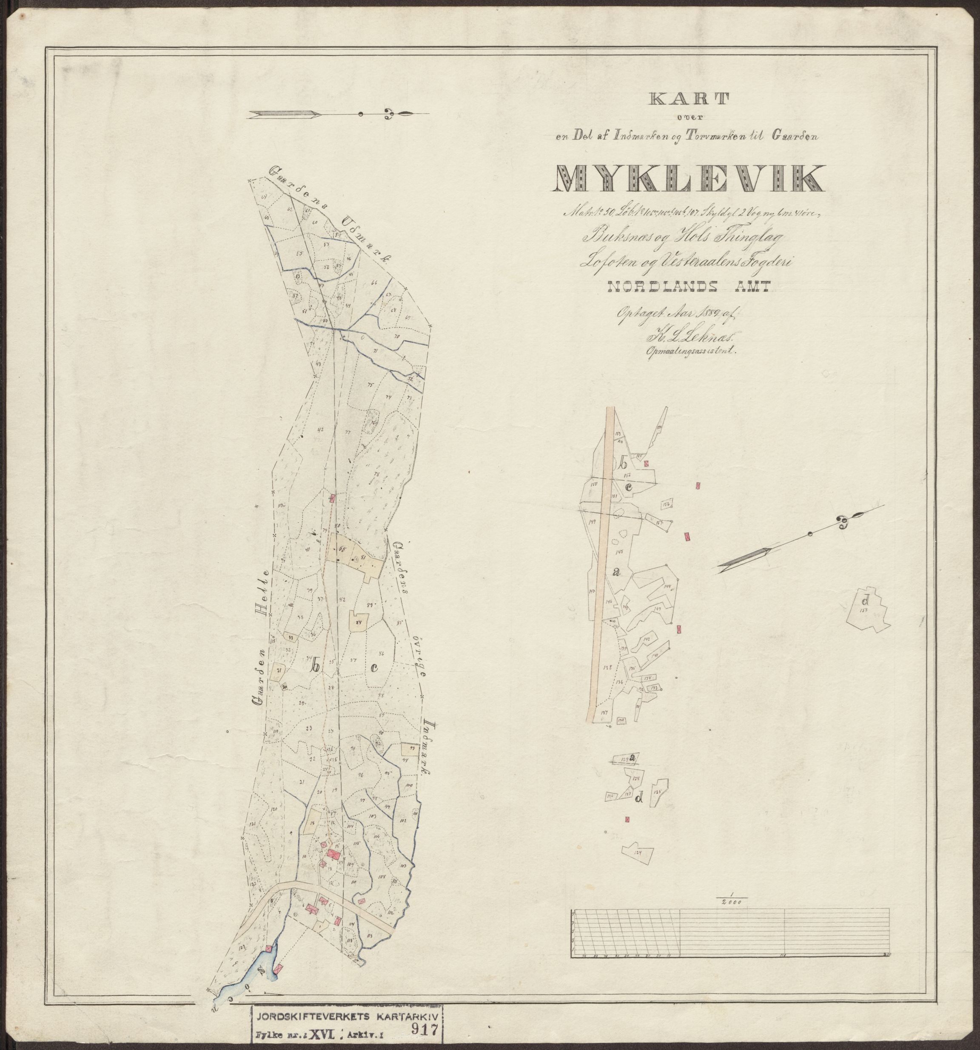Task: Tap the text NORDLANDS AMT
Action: pos(689,287)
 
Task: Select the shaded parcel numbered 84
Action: pos(359,622)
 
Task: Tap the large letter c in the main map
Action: pos(374,668)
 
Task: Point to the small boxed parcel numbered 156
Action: pos(667,505)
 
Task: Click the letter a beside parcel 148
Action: pos(615,571)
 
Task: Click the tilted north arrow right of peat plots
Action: pos(792,540)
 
